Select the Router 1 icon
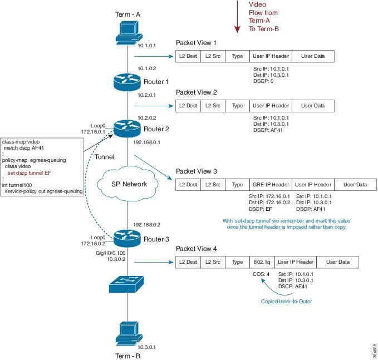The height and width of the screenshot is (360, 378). click(127, 82)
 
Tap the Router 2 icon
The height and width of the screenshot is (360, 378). click(127, 129)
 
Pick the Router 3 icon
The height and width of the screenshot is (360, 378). click(127, 239)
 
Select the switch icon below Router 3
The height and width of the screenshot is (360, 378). click(127, 287)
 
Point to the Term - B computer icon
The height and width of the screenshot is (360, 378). click(127, 332)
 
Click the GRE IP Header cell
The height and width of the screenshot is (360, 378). click(269, 185)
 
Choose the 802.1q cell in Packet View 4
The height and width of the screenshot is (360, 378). click(261, 262)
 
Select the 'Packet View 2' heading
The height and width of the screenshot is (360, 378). click(196, 92)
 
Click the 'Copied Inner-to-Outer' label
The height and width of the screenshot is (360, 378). click(286, 302)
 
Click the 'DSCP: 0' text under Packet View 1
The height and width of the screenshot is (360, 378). click(264, 81)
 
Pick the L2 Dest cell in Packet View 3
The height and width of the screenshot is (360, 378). click(188, 185)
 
